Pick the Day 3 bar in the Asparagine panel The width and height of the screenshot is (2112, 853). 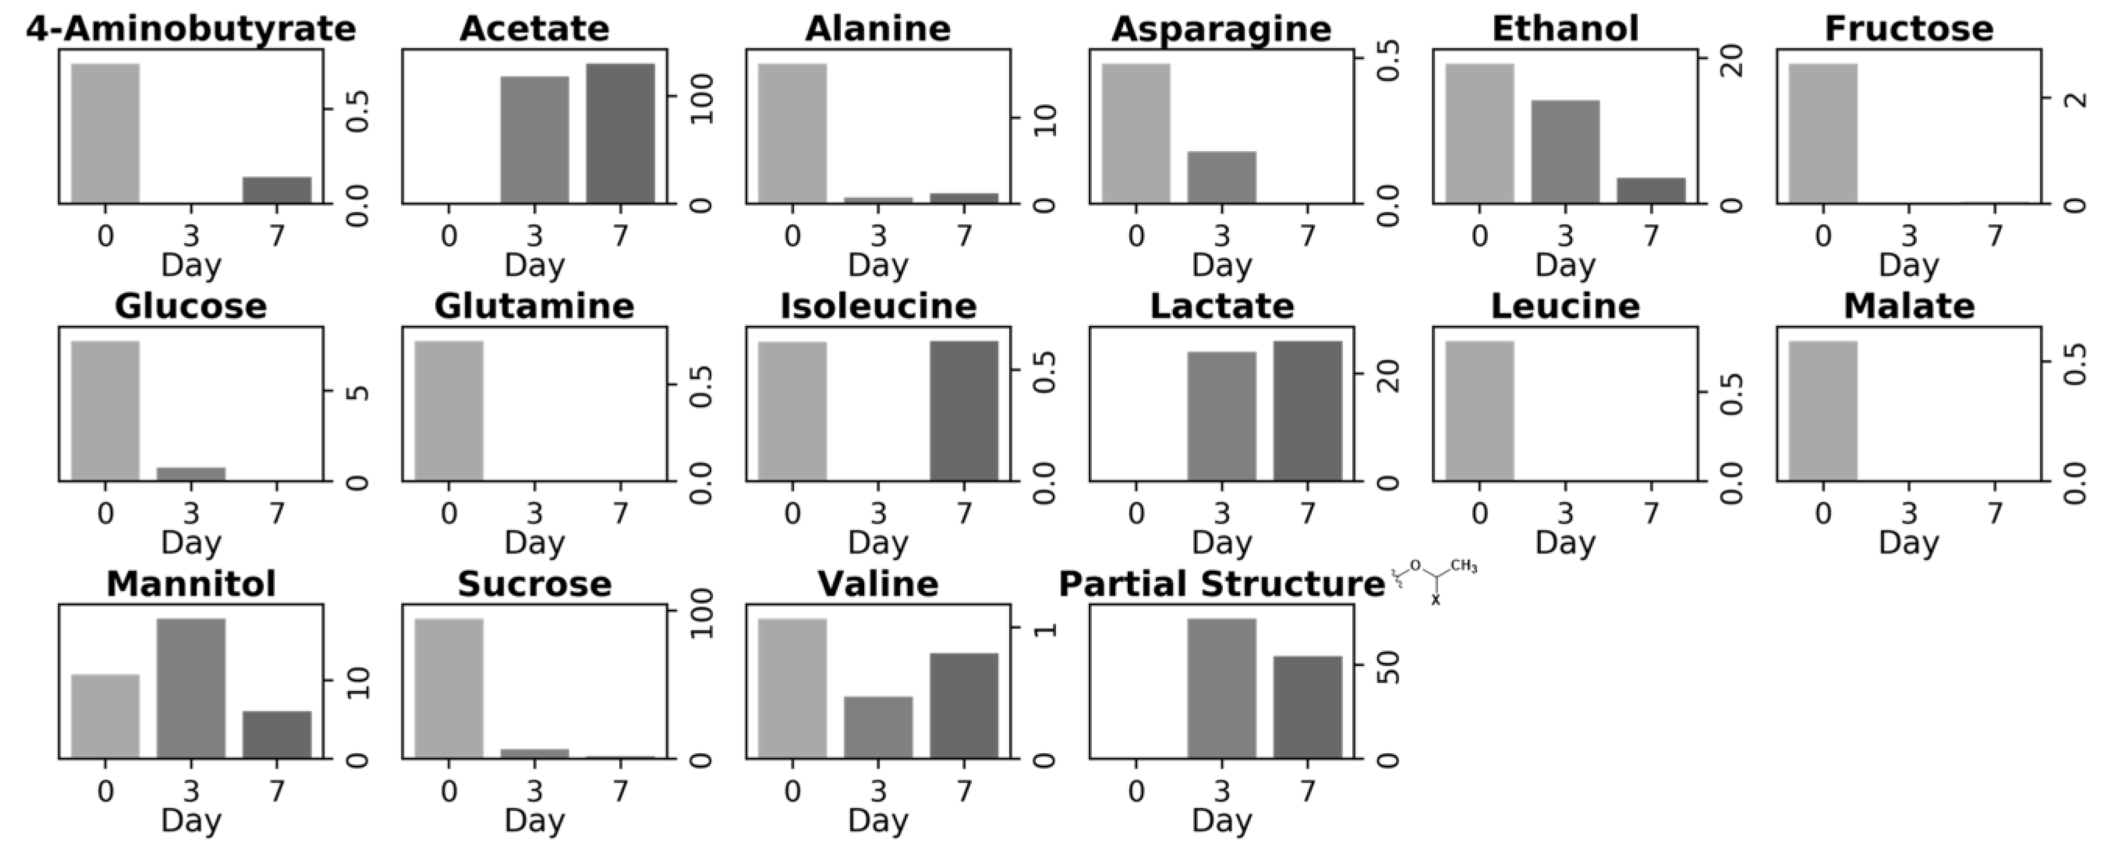tap(1222, 177)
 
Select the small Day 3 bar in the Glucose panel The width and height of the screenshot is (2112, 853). tap(191, 474)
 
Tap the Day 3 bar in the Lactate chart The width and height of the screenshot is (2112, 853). tap(1222, 416)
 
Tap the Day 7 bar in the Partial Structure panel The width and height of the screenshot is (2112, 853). tap(1308, 707)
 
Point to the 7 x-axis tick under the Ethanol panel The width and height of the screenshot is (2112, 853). tap(1651, 236)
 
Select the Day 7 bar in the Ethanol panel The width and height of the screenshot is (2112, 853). tap(1651, 190)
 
